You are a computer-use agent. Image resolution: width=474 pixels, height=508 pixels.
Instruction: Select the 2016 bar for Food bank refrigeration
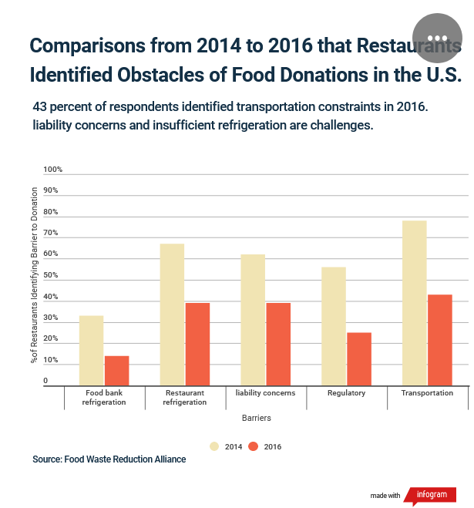click(116, 370)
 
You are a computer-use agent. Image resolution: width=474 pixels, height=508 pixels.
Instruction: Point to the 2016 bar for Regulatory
click(359, 358)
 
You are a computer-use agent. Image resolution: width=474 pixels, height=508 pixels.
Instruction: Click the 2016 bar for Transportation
click(440, 340)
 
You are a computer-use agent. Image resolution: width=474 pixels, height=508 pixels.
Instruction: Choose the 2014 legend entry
click(225, 446)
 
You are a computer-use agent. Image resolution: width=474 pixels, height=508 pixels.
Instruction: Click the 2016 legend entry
click(266, 446)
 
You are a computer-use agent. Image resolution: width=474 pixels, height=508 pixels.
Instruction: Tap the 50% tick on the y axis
click(51, 275)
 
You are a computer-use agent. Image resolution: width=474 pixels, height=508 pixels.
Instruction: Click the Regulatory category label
click(347, 393)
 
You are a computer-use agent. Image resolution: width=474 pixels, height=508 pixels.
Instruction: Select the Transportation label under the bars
click(427, 393)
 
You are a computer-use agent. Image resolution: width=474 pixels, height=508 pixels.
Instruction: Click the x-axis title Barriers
click(256, 419)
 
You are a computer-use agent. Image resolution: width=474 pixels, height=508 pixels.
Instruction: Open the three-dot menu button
click(437, 38)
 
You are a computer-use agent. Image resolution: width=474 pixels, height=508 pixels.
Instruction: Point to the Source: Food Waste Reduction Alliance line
click(109, 459)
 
